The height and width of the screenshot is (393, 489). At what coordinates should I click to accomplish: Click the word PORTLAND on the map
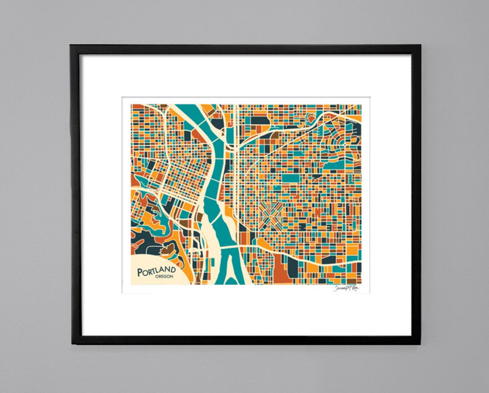point(157,271)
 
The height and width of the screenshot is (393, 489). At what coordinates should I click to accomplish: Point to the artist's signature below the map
point(346,288)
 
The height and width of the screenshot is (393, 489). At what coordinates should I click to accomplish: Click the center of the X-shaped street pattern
point(271,214)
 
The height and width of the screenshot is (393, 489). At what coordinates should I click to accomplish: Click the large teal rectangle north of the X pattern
point(292,178)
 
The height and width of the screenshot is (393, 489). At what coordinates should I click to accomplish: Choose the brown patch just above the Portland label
point(170,247)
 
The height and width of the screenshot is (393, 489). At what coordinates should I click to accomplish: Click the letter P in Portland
point(141,272)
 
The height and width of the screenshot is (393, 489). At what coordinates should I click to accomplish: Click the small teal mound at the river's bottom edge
point(231,281)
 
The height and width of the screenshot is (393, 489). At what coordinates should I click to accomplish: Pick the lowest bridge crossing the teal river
point(229,248)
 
